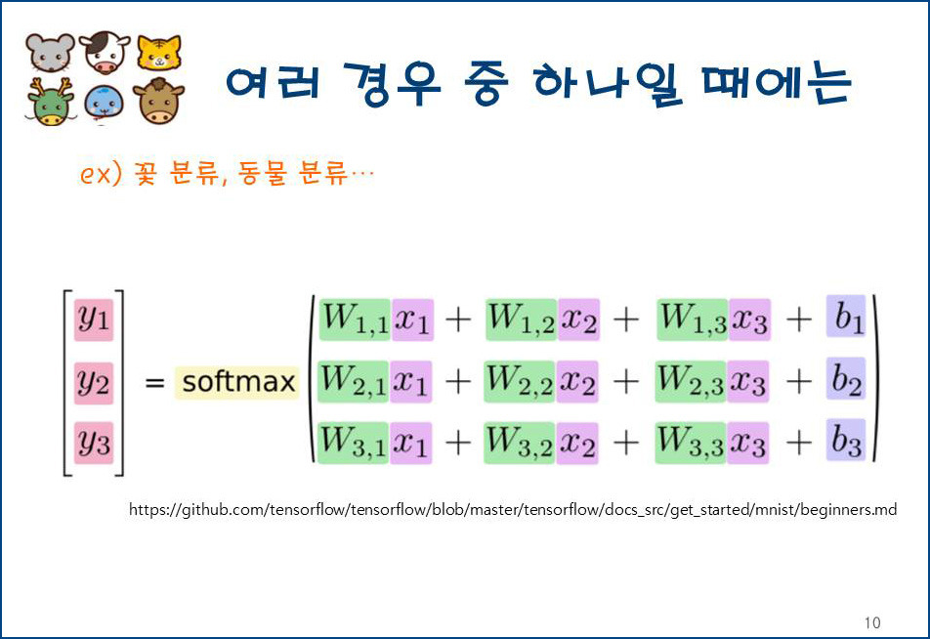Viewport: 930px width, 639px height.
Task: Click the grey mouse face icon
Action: point(50,53)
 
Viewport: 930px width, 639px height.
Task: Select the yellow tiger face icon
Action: point(158,53)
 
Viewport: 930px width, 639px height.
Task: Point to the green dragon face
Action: point(50,102)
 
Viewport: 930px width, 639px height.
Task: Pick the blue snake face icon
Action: point(105,103)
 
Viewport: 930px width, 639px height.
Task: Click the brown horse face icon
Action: point(158,102)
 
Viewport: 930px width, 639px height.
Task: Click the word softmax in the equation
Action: point(238,381)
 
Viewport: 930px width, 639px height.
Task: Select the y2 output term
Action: point(94,382)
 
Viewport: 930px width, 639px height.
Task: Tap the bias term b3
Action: point(847,442)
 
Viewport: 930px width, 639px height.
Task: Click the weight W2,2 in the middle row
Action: point(521,381)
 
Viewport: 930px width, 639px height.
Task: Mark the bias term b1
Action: point(846,319)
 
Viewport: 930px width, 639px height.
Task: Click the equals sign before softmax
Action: point(154,383)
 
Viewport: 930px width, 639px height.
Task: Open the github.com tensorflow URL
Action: point(513,510)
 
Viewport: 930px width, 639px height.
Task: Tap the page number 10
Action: point(872,622)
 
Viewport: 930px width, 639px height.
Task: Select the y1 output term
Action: point(94,319)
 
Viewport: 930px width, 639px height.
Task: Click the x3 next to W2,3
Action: point(747,381)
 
